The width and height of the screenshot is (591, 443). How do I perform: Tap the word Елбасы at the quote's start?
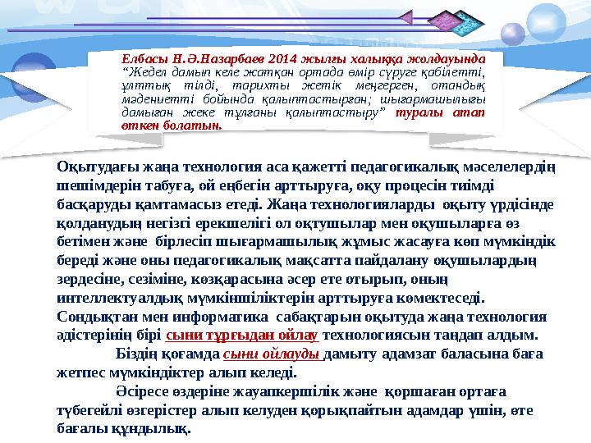point(140,60)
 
